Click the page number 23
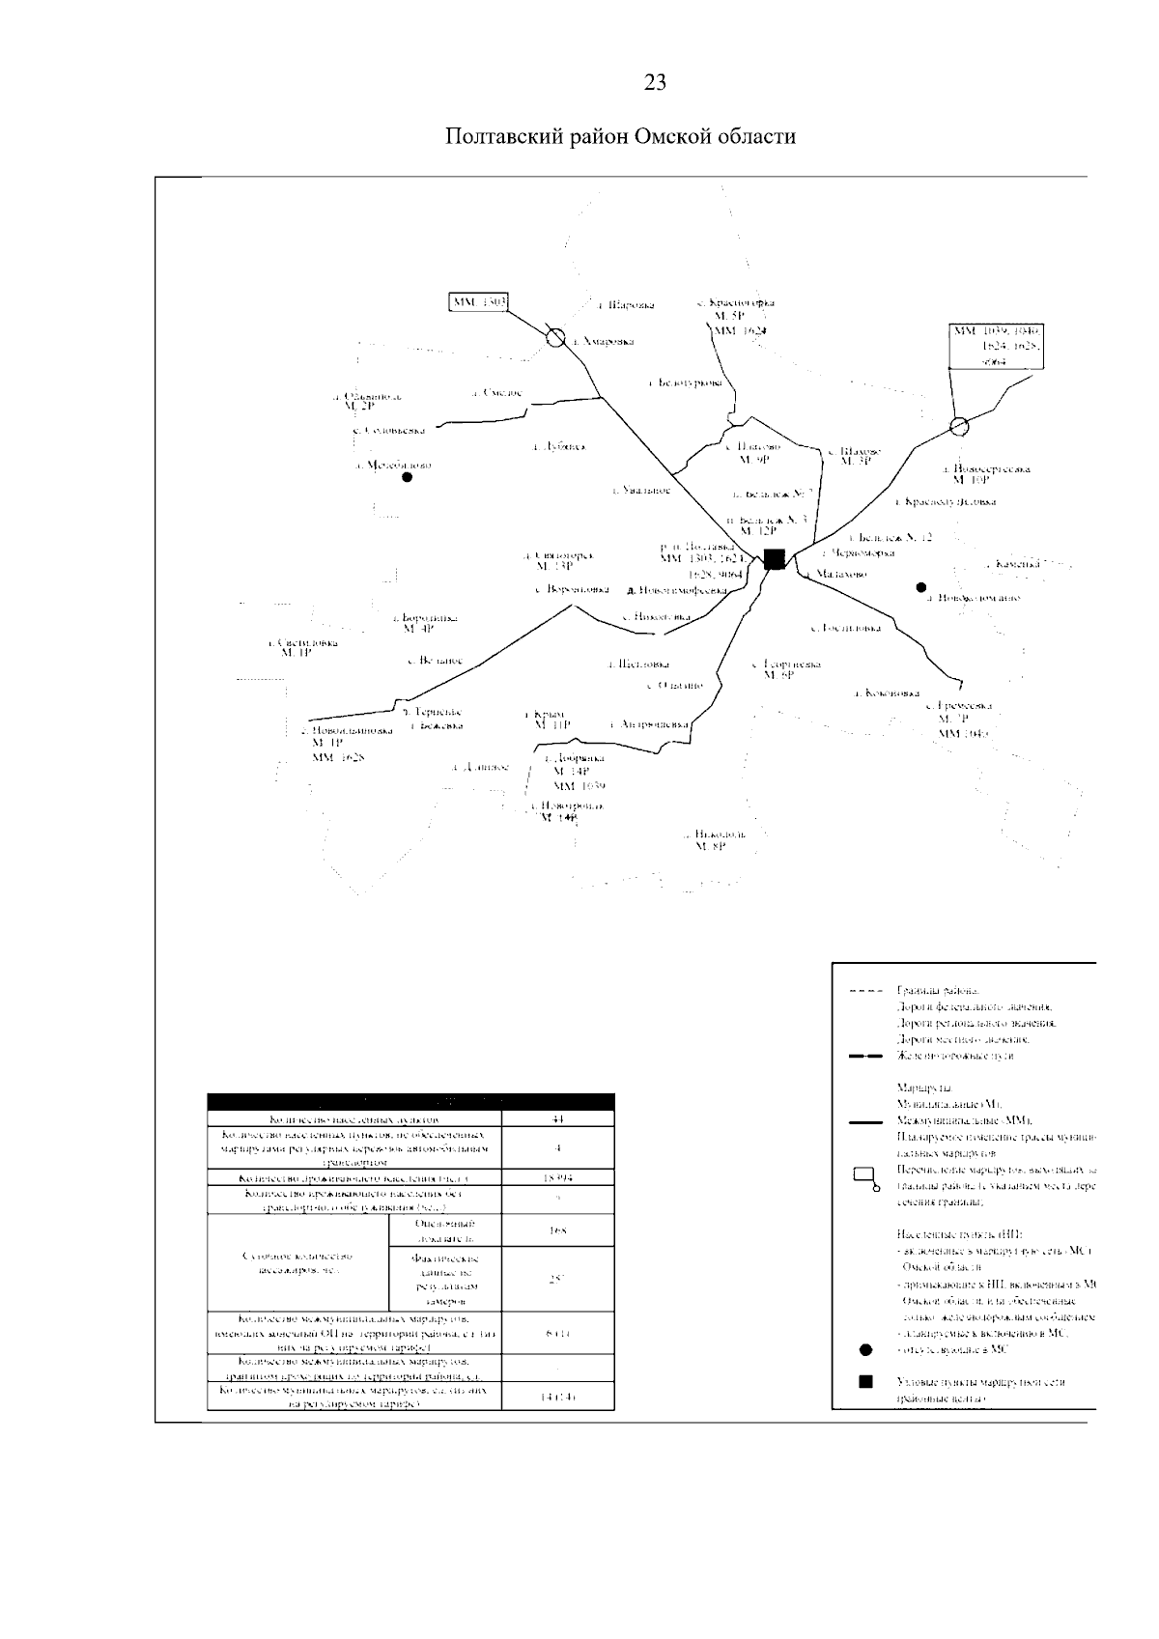click(x=654, y=83)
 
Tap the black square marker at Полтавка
click(x=774, y=558)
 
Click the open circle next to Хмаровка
click(x=555, y=338)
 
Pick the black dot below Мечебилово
click(x=408, y=477)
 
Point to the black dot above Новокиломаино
click(x=921, y=586)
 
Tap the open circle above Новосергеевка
click(x=958, y=426)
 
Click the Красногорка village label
click(x=739, y=303)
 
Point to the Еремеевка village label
click(x=961, y=706)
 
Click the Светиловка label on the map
click(x=303, y=642)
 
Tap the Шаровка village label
click(x=625, y=305)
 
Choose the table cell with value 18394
click(x=557, y=1179)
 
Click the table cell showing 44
click(x=557, y=1119)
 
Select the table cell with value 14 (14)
click(x=557, y=1397)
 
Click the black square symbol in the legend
click(x=865, y=1381)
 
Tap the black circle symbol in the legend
click(x=865, y=1349)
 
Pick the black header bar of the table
click(x=410, y=1102)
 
